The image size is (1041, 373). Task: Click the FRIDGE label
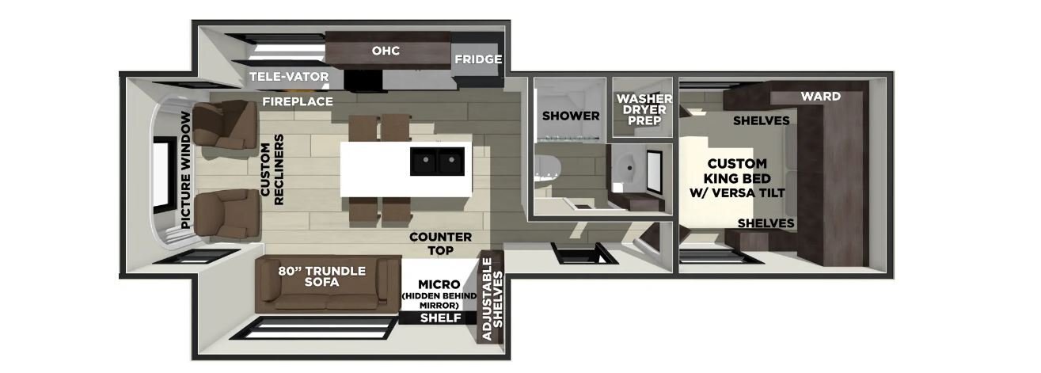pyautogui.click(x=477, y=59)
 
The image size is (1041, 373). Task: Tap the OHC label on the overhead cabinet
pyautogui.click(x=386, y=50)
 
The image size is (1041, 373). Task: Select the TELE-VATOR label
pyautogui.click(x=289, y=77)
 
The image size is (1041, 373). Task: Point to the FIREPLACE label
pyautogui.click(x=298, y=101)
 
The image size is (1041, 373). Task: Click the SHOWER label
pyautogui.click(x=571, y=116)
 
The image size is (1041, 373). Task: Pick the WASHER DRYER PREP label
pyautogui.click(x=644, y=110)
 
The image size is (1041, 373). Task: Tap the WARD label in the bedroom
pyautogui.click(x=821, y=97)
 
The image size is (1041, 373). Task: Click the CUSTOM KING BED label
pyautogui.click(x=737, y=178)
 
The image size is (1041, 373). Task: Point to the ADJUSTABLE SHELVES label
pyautogui.click(x=492, y=299)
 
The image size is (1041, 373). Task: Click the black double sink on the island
pyautogui.click(x=437, y=161)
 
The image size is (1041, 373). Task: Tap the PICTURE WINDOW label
pyautogui.click(x=186, y=170)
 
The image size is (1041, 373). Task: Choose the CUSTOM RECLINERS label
pyautogui.click(x=272, y=169)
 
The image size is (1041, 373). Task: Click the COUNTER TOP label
pyautogui.click(x=441, y=244)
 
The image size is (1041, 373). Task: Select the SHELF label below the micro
pyautogui.click(x=441, y=318)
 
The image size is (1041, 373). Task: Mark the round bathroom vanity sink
pyautogui.click(x=627, y=166)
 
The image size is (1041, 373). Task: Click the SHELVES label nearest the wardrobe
pyautogui.click(x=762, y=121)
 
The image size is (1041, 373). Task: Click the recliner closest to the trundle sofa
pyautogui.click(x=226, y=215)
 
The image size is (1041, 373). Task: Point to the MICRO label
pyautogui.click(x=439, y=284)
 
